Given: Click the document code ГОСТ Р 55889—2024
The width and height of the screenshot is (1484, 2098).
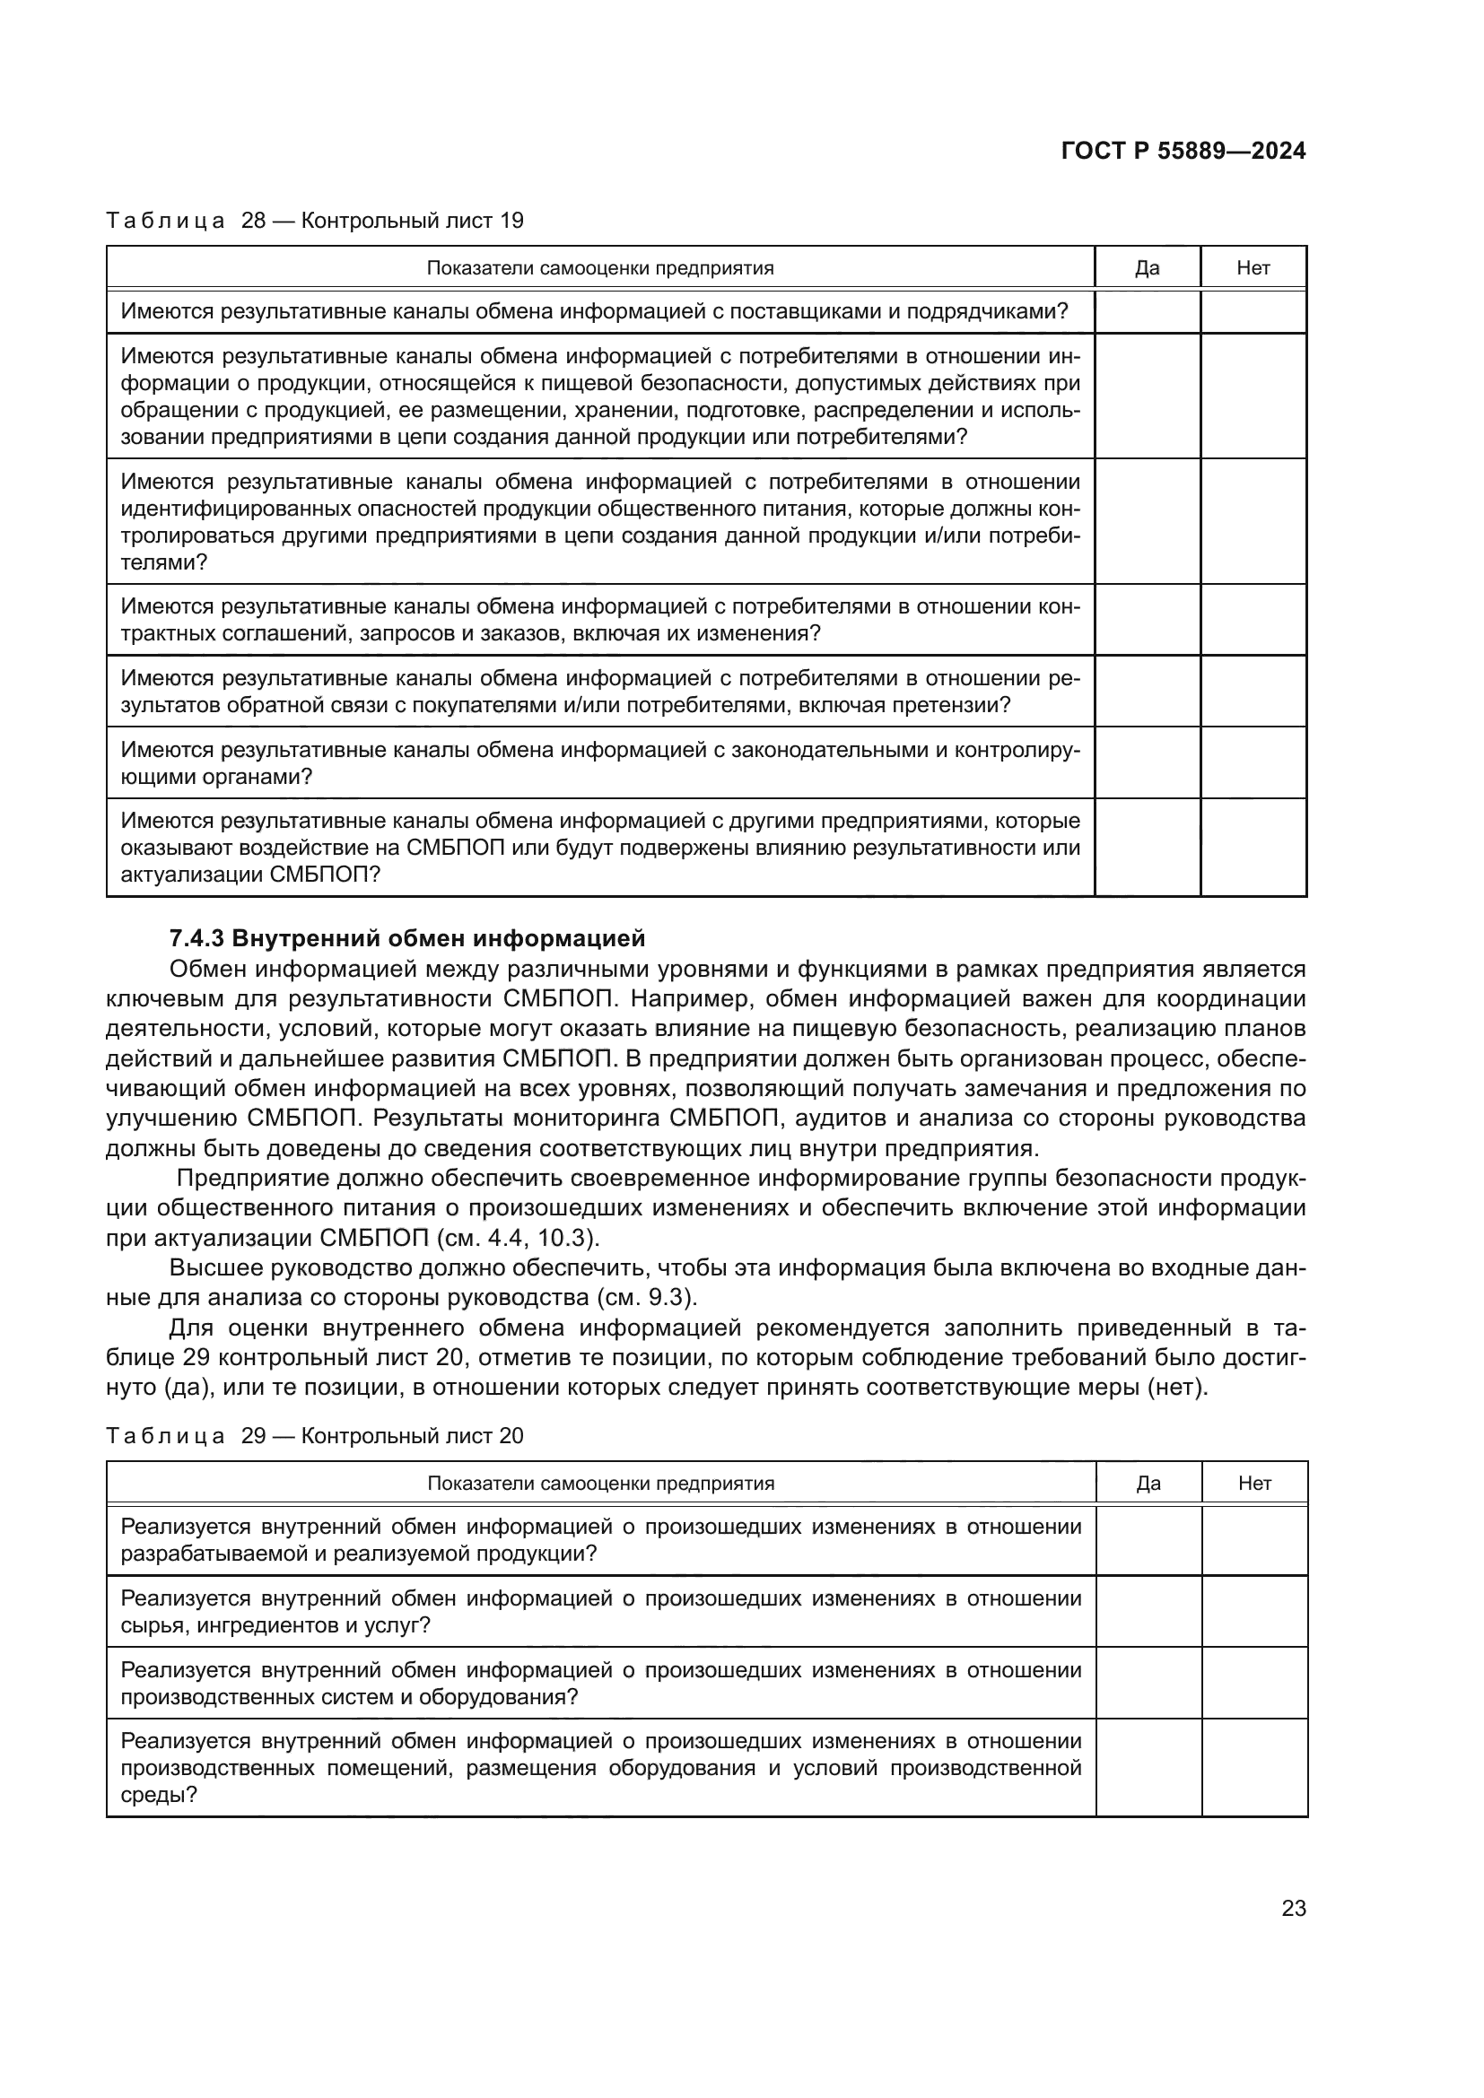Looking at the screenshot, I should coord(1183,151).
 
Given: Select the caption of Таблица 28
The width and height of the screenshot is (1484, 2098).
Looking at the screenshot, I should coord(315,221).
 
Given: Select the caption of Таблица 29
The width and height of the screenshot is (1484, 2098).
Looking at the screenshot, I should coord(315,1435).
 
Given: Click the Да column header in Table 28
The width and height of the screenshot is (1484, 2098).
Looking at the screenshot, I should coord(1147,267).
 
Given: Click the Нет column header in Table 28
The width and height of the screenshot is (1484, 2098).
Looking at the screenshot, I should coord(1253,267).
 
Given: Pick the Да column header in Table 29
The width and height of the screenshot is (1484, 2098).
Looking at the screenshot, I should coord(1148,1483).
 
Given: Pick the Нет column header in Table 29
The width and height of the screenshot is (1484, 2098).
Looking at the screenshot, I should coord(1254,1483).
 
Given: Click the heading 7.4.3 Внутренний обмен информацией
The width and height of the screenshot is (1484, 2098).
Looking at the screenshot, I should coord(407,938).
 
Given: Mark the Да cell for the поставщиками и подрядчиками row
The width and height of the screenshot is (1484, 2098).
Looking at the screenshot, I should coord(1147,311).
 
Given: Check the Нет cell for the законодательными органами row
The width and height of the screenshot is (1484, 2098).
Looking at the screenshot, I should coord(1253,762).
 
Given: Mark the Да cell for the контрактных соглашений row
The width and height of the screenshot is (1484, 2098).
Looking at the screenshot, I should coord(1147,620).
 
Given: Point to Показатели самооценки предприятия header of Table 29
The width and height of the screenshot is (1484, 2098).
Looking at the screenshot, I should coord(600,1483).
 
